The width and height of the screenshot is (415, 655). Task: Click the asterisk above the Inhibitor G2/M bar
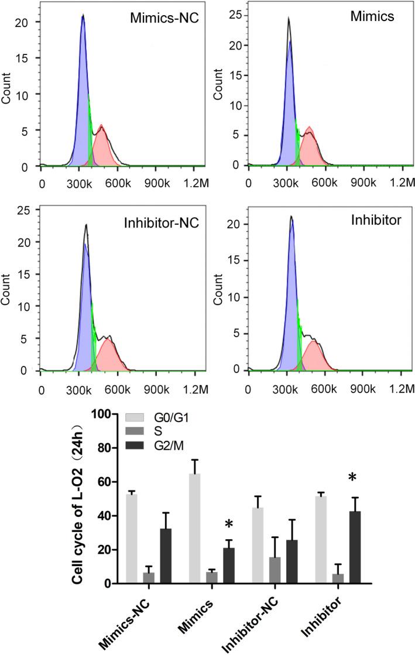(x=352, y=478)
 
